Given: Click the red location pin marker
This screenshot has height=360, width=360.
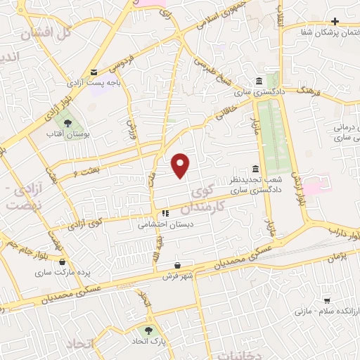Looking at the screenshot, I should pos(181,165).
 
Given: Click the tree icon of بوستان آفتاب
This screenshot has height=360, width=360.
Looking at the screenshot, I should pos(67,123).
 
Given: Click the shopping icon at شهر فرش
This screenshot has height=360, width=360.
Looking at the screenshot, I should pos(179,266).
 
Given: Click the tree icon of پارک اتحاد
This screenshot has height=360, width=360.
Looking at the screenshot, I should pos(148,329).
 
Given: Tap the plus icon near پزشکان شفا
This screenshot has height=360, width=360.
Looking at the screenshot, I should pos(335,21).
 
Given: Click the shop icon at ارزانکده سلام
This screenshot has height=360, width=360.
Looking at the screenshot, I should pos(326,299).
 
